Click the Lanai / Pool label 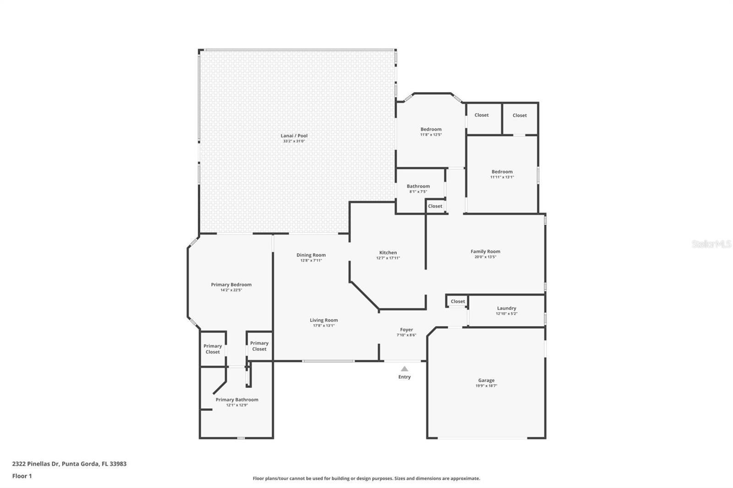tap(294, 136)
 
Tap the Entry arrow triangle tap(405, 369)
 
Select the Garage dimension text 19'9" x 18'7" tap(486, 386)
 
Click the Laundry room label tap(506, 308)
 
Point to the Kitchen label tap(388, 253)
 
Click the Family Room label tap(485, 251)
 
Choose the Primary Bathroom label tap(237, 400)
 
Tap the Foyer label tap(406, 330)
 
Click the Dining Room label tap(311, 255)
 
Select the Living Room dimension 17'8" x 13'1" tap(323, 325)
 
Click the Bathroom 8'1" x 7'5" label tap(418, 186)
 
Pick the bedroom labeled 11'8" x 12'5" tap(431, 130)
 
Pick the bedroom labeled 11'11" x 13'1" tap(502, 172)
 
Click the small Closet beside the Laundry tap(458, 301)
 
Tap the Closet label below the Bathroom tap(435, 206)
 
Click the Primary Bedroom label tap(231, 285)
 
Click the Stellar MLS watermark tap(711, 244)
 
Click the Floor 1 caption tap(22, 476)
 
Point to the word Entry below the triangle tap(405, 377)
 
